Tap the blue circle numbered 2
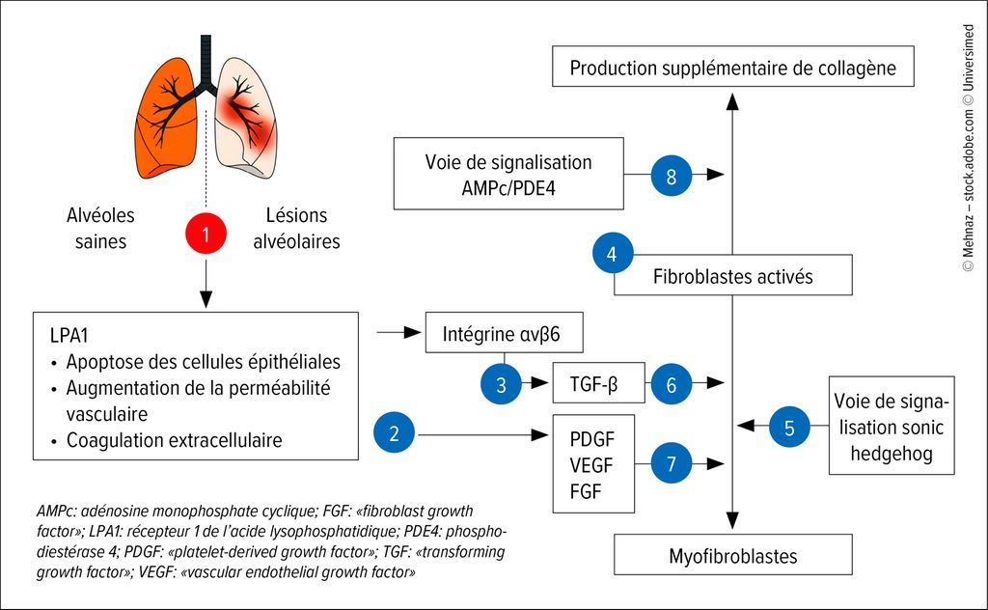pyautogui.click(x=394, y=434)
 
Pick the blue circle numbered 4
pyautogui.click(x=613, y=255)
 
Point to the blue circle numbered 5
pyautogui.click(x=789, y=426)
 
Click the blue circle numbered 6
pyautogui.click(x=672, y=384)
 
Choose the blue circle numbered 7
pyautogui.click(x=672, y=462)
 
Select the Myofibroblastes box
pyautogui.click(x=733, y=555)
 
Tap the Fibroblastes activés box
pyautogui.click(x=733, y=276)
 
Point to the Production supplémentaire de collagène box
pyautogui.click(x=733, y=68)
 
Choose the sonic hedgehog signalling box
pyautogui.click(x=898, y=428)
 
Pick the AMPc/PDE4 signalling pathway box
pyautogui.click(x=508, y=174)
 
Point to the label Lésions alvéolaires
pyautogui.click(x=296, y=229)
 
